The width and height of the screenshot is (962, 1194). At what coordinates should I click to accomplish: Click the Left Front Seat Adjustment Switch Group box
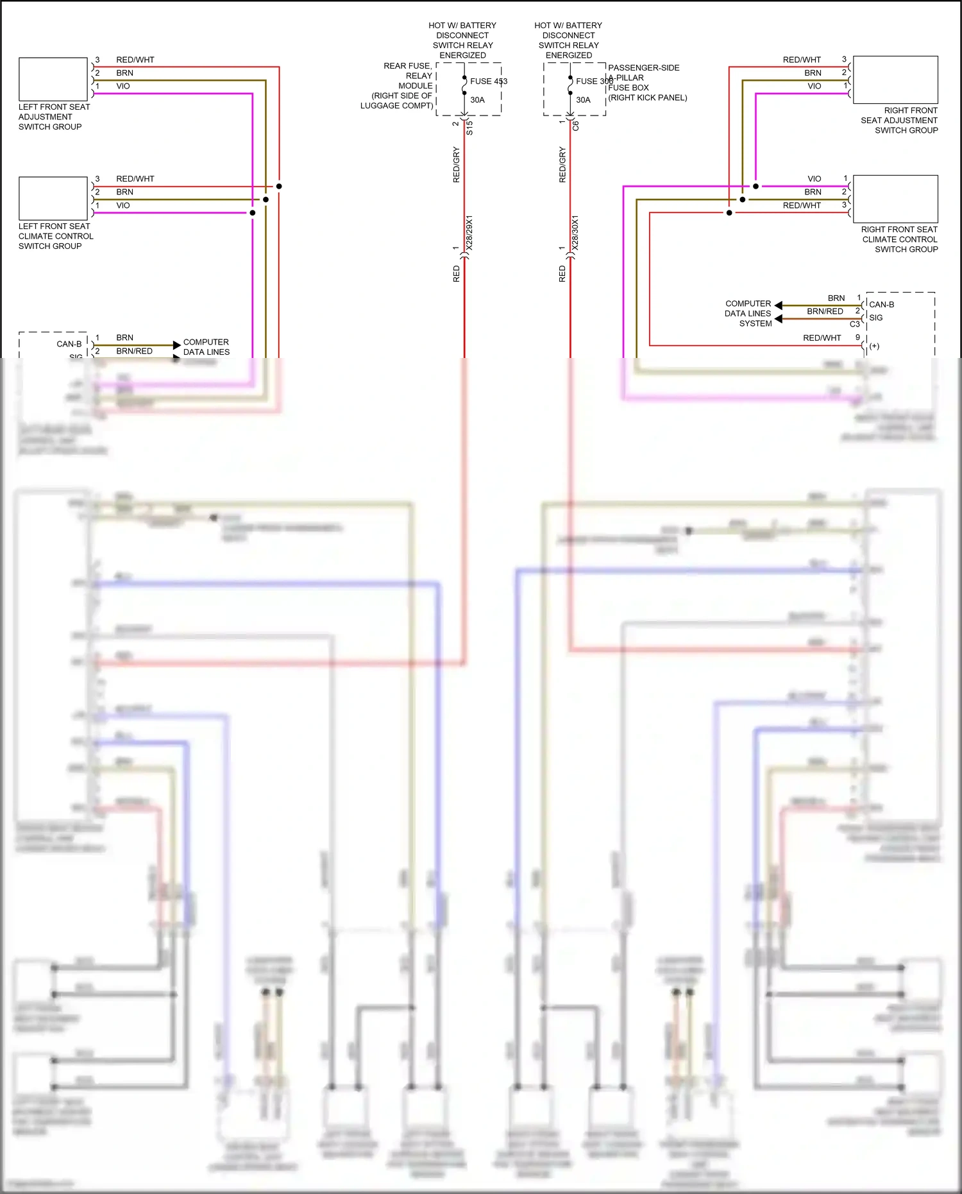click(53, 80)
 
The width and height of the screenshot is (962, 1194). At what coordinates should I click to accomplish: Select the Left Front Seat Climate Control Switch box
click(53, 198)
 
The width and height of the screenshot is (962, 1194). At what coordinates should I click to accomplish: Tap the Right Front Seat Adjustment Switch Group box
click(895, 80)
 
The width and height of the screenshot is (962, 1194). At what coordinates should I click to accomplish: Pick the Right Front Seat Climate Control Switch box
click(895, 199)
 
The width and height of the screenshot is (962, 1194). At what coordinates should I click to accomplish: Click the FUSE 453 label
click(488, 81)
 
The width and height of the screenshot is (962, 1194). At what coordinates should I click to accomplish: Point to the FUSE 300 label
click(594, 81)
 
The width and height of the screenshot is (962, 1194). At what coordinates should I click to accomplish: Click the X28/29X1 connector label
click(469, 233)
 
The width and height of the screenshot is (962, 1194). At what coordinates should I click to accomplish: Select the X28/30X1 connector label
click(575, 233)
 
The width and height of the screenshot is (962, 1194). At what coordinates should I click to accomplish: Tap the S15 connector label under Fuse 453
click(469, 128)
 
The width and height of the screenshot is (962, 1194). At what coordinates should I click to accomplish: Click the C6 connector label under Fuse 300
click(575, 126)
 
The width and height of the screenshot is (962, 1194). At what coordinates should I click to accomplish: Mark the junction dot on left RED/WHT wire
click(279, 186)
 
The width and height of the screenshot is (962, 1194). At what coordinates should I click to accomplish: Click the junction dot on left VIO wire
click(253, 212)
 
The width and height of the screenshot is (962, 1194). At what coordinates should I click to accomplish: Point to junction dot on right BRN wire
click(743, 200)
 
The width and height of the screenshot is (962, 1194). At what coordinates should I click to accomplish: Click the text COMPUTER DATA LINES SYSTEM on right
click(748, 314)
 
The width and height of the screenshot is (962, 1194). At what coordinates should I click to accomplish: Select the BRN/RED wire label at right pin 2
click(825, 312)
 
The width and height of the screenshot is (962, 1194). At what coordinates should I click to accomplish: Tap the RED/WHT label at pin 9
click(822, 338)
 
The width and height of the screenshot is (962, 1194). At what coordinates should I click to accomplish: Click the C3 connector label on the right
click(854, 324)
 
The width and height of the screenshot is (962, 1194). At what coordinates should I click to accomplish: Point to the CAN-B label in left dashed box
click(69, 345)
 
